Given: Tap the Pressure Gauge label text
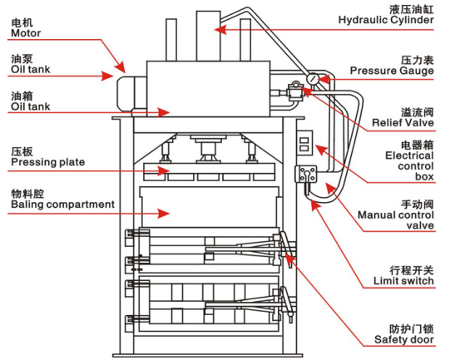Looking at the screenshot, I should [393, 71].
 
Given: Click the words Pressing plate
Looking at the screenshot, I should [42, 163].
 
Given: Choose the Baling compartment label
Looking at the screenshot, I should [62, 204].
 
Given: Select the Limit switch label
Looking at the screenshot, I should [403, 281].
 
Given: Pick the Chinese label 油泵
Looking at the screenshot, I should [22, 61].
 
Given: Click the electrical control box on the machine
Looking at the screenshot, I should [305, 143].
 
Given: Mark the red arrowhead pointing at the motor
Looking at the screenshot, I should [123, 66].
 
